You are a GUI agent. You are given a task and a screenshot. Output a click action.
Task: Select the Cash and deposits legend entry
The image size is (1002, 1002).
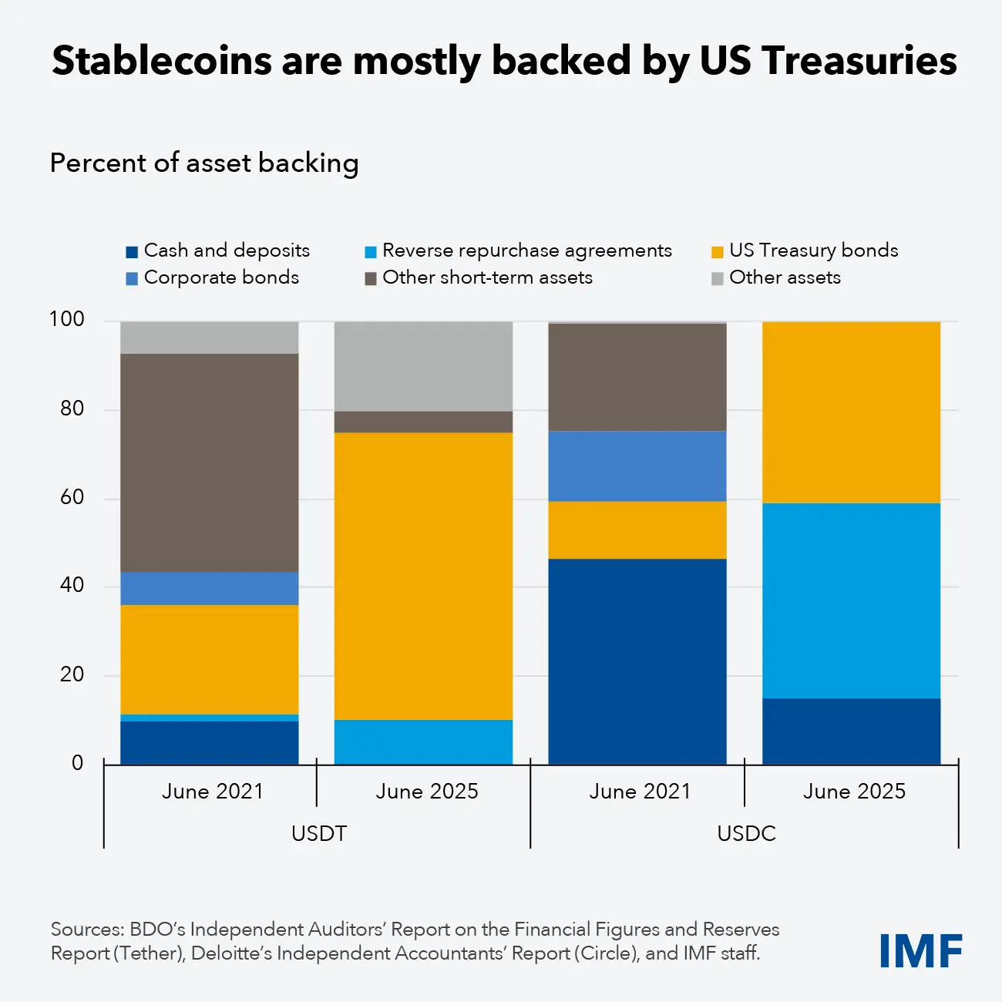tap(217, 250)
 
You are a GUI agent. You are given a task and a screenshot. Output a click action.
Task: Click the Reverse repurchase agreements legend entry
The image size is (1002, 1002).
tap(518, 250)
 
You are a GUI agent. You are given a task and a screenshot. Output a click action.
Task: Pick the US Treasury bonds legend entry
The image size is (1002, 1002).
tap(805, 250)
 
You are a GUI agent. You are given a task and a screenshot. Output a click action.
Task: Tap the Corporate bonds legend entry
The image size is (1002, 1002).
tap(212, 277)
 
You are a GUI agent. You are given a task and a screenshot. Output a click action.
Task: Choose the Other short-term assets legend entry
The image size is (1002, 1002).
tap(479, 277)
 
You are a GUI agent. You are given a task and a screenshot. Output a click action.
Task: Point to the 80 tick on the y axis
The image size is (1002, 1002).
tap(72, 409)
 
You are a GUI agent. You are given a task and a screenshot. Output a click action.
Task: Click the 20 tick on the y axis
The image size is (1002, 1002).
tap(72, 674)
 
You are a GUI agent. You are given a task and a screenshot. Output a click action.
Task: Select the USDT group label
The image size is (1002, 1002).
tap(318, 834)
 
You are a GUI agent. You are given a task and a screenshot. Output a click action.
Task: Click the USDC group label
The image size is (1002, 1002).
tap(746, 834)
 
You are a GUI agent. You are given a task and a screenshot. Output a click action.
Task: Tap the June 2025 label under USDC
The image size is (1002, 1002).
tap(854, 792)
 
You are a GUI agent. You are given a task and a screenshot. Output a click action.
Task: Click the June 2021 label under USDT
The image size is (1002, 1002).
tap(212, 792)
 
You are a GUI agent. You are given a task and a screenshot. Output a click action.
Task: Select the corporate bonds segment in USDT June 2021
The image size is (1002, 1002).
tap(210, 588)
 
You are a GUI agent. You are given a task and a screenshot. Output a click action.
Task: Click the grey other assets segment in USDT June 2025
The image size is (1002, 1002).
tap(423, 366)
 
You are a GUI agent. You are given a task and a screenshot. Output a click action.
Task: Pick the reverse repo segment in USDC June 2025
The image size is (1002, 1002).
tap(851, 600)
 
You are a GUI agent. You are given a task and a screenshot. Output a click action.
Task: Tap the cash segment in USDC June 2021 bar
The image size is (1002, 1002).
tap(637, 661)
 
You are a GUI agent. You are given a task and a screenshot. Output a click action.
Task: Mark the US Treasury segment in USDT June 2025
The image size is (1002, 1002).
tap(423, 576)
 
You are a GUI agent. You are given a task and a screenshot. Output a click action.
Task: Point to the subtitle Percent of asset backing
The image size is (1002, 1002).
tap(204, 163)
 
